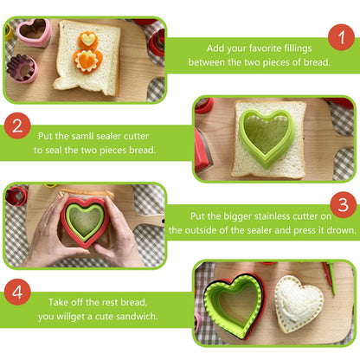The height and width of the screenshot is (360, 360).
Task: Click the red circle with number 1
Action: (341, 37)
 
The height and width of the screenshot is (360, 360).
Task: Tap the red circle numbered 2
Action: (17, 125)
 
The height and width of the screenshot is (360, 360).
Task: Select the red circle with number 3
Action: (343, 204)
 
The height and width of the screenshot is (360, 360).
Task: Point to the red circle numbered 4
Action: (17, 292)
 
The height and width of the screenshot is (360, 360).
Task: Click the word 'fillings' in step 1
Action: (298, 48)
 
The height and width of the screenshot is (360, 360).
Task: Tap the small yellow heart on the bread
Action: (87, 39)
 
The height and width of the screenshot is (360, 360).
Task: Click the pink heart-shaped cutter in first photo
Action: (34, 33)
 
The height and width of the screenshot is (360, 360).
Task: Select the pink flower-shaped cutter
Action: (22, 68)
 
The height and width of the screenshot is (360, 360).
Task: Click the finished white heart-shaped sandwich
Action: (299, 304)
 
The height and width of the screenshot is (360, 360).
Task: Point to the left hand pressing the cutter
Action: (51, 231)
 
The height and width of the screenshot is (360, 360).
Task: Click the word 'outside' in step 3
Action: (203, 230)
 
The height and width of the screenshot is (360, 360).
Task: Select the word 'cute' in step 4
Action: (104, 317)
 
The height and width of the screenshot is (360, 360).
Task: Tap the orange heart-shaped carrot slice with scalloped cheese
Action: (87, 61)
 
